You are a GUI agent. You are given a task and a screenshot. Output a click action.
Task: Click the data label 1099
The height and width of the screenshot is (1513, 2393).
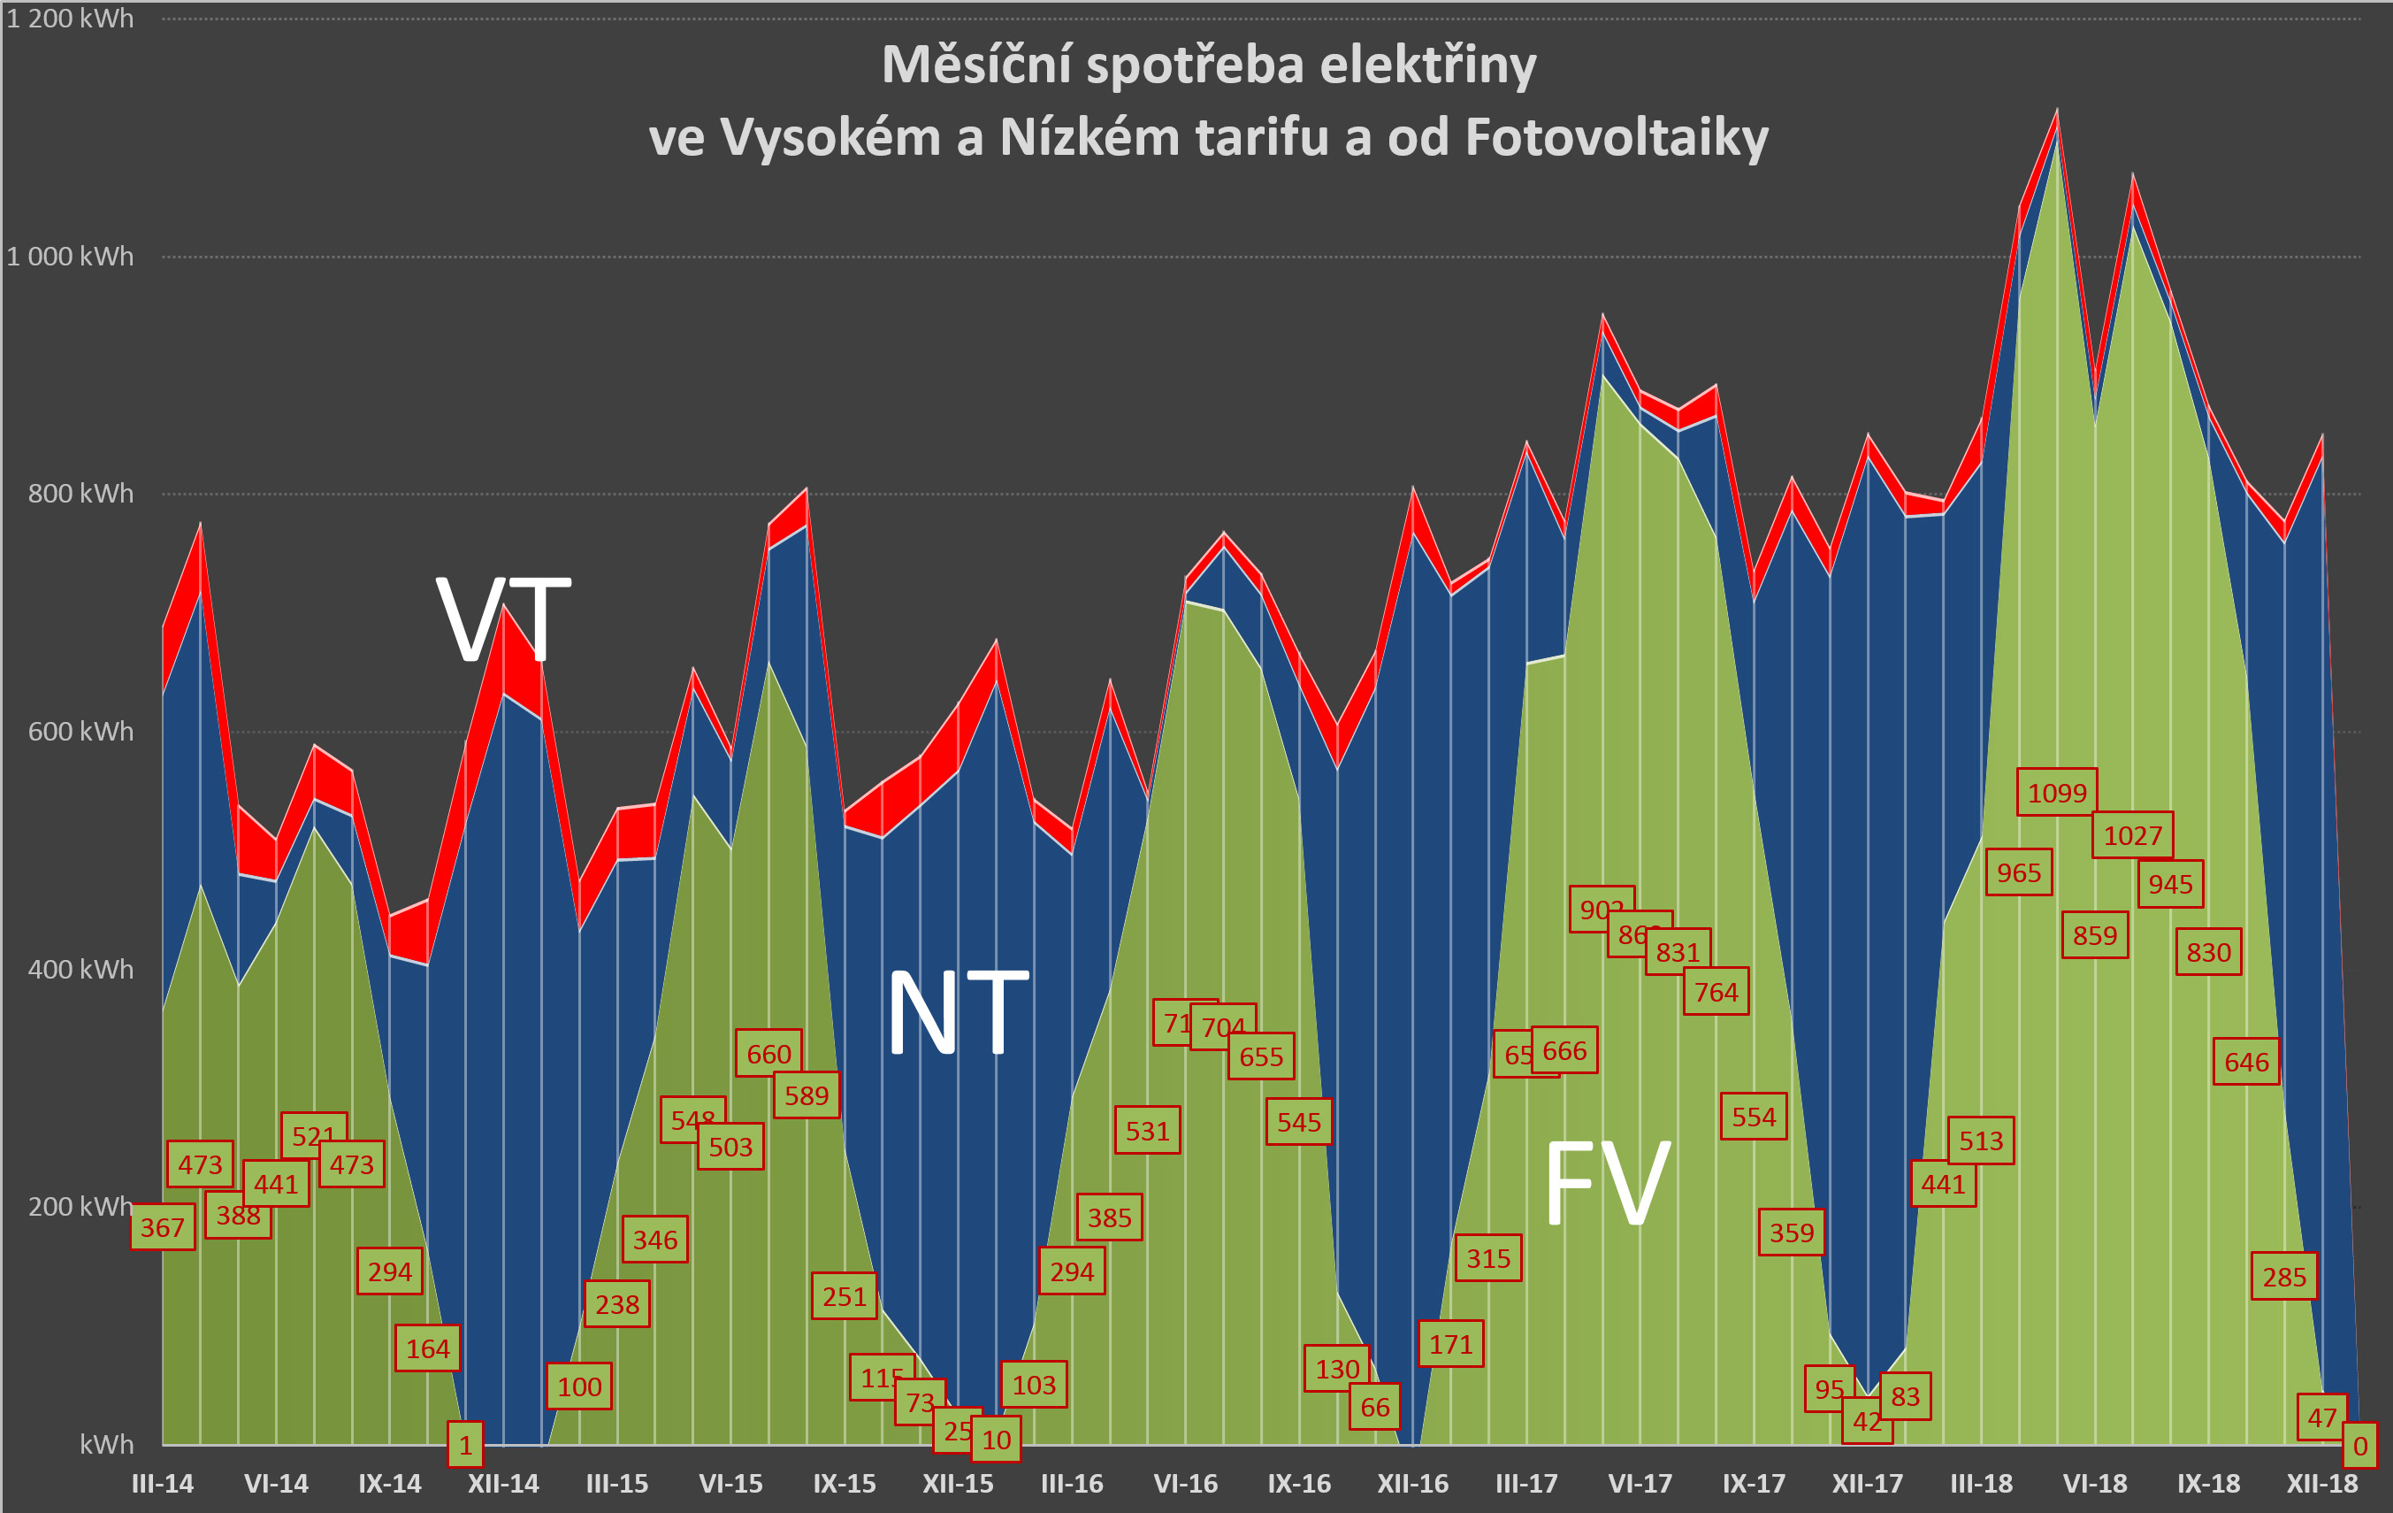click(2056, 792)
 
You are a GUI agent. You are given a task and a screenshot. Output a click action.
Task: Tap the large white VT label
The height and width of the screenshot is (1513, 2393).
click(504, 620)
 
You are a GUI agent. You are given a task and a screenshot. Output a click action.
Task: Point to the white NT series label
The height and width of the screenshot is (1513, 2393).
click(957, 1013)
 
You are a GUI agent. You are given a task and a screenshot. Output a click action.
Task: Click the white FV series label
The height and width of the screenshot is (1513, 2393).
click(1607, 1183)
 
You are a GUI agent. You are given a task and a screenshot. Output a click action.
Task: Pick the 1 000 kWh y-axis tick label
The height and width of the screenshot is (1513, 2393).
click(70, 257)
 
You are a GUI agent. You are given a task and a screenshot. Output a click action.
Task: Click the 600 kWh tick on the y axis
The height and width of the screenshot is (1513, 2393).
click(80, 732)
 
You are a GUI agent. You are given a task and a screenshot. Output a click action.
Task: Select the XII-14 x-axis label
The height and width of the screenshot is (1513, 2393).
click(503, 1483)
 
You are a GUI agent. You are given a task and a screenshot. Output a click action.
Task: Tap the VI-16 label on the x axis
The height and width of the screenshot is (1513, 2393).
click(1185, 1483)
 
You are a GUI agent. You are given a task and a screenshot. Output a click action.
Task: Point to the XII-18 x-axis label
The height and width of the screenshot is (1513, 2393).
click(2321, 1483)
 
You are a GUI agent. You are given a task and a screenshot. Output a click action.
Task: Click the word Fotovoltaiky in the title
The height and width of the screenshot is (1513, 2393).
click(1616, 137)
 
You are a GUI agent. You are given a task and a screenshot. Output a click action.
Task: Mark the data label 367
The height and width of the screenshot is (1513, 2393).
click(162, 1226)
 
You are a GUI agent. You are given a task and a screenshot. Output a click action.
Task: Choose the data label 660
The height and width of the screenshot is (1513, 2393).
click(768, 1054)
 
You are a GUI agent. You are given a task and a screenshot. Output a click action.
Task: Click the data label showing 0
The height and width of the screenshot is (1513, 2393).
click(2359, 1447)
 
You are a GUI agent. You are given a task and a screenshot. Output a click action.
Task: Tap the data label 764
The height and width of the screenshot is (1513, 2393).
click(1716, 991)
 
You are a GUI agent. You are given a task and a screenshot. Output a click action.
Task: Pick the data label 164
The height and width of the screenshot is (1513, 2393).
click(427, 1348)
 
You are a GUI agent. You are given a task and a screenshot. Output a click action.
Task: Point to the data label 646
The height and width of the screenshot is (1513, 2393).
click(2246, 1062)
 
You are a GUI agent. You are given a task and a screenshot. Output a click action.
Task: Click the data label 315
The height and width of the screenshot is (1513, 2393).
click(1487, 1257)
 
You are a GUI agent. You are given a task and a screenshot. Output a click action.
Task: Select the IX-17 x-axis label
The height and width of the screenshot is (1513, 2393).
click(1753, 1483)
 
